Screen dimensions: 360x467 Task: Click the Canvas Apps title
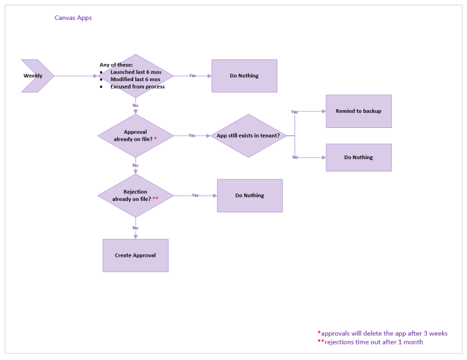pos(73,18)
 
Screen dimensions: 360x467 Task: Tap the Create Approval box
pos(135,255)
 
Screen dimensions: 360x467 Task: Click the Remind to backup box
pos(358,111)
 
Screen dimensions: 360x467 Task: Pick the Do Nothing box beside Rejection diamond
pos(249,196)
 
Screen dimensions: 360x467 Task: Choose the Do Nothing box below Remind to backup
pos(358,157)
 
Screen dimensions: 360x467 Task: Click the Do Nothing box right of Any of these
pos(244,76)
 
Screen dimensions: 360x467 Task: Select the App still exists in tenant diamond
pos(248,136)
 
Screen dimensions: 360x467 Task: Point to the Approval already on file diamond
pos(135,136)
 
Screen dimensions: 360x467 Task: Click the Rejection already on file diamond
pos(135,196)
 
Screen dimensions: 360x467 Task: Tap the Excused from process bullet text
pos(138,87)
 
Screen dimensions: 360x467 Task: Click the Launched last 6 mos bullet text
pos(136,72)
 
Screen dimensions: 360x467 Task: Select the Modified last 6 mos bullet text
pos(135,80)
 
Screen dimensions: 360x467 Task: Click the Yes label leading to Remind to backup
pos(294,112)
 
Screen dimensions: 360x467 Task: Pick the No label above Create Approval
pos(135,228)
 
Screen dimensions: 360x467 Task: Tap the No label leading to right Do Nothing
pos(295,157)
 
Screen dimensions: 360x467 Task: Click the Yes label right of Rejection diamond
pos(195,196)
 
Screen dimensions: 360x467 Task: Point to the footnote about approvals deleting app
pos(383,333)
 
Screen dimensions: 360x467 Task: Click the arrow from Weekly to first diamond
pos(75,76)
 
